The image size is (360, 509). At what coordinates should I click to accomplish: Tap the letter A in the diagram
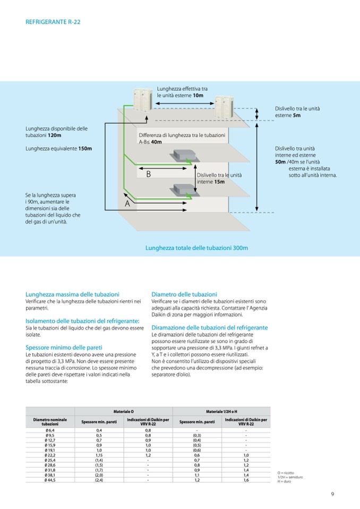pos(127,203)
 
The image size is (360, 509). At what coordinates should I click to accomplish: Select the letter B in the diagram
pos(149,174)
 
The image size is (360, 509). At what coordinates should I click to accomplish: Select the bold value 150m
pos(85,148)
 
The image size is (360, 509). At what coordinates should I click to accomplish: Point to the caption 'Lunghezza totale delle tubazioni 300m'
pos(196,247)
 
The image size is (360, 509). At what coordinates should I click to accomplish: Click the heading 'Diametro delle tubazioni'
pos(184,294)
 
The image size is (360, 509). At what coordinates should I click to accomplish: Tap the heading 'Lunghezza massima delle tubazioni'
pos(72,294)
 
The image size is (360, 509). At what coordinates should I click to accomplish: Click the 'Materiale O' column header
pos(123,411)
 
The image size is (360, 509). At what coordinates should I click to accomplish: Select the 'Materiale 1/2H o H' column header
pos(221,411)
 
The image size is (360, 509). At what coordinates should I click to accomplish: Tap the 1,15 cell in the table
pos(99,455)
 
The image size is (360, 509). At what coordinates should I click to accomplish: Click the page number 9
pos(332,495)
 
